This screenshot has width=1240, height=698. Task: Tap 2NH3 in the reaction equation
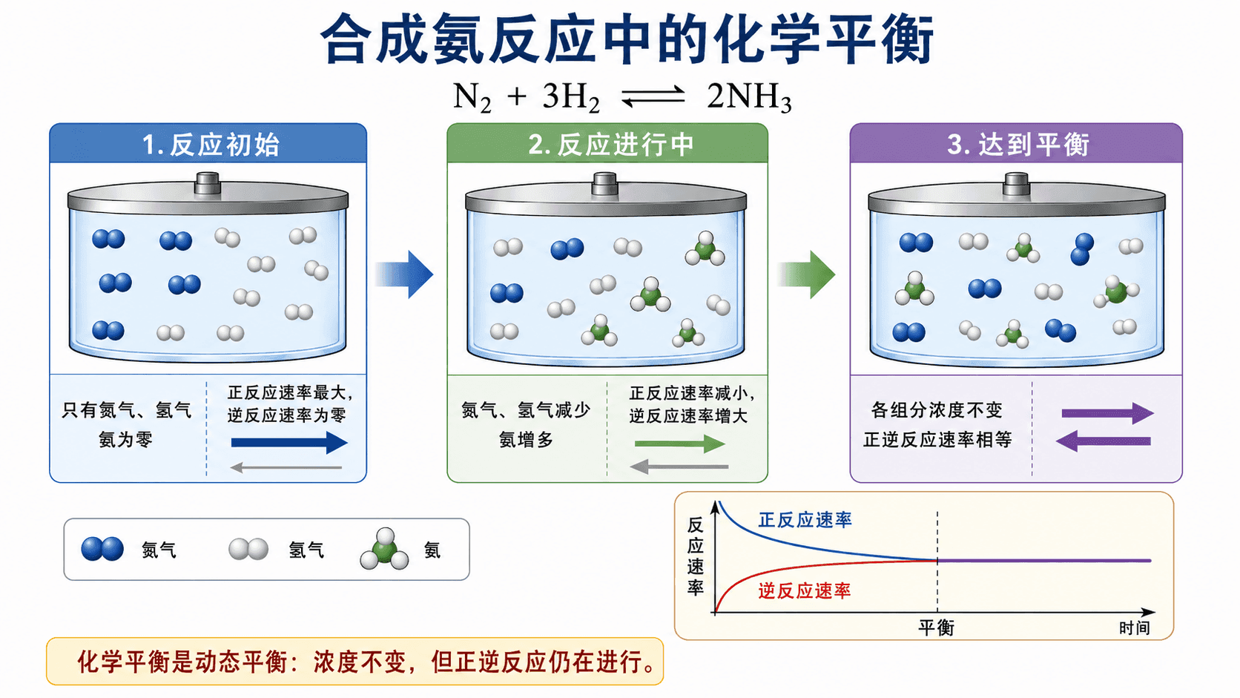[x=749, y=97]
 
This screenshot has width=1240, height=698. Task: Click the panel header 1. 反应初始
[x=211, y=145]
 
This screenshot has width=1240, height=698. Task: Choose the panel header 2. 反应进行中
[x=610, y=145]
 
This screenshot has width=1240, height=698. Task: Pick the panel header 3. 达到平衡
[x=1018, y=145]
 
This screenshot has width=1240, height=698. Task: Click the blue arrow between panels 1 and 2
[x=404, y=274]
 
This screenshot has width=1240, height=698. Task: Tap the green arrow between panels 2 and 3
[x=806, y=274]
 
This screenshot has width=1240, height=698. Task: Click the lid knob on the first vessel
[x=208, y=183]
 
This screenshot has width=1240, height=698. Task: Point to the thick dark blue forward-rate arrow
[x=289, y=442]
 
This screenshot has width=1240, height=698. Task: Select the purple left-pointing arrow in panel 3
[x=1104, y=441]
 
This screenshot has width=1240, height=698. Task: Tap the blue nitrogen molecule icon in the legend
[x=102, y=549]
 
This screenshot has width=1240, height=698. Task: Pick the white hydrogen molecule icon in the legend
[x=248, y=549]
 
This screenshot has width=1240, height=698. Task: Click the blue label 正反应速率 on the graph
[x=805, y=520]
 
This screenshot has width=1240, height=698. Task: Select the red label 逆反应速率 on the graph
[x=805, y=591]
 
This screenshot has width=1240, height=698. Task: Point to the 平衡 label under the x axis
[x=937, y=628]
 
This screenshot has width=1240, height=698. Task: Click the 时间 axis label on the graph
[x=1135, y=628]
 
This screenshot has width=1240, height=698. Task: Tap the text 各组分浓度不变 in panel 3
[x=937, y=410]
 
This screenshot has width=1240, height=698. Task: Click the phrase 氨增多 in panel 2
[x=526, y=440]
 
